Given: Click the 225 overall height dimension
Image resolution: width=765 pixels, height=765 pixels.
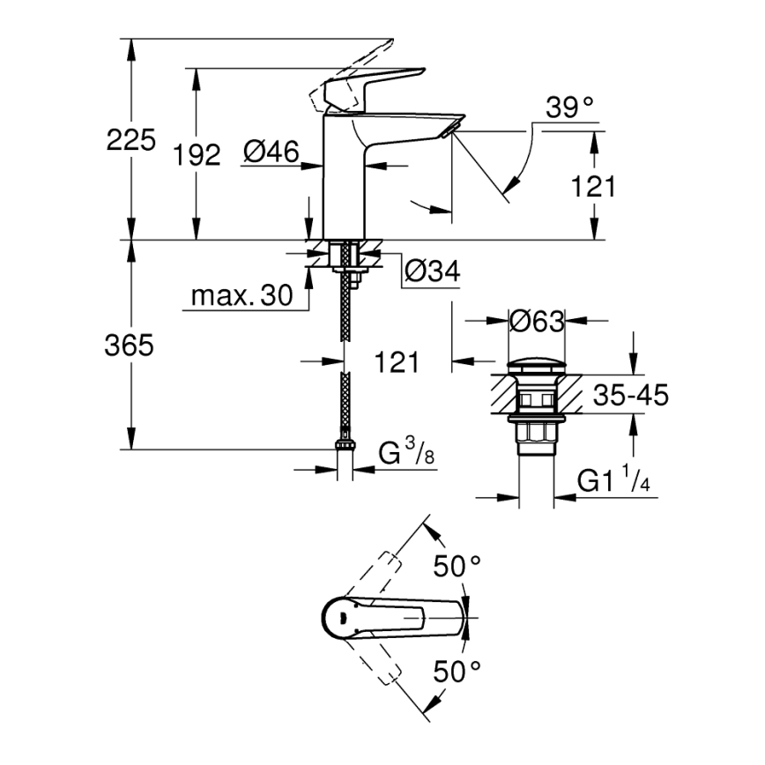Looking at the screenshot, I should [130, 139].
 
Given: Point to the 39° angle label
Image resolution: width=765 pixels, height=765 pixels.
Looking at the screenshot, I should [569, 108].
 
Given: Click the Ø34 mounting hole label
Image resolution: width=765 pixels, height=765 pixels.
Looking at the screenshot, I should [432, 272].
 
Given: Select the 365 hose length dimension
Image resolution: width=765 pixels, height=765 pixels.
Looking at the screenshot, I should [130, 345].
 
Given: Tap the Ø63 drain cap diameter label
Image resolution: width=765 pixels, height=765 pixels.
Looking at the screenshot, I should [537, 322].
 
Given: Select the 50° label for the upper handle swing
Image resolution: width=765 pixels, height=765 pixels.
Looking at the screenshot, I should [457, 566].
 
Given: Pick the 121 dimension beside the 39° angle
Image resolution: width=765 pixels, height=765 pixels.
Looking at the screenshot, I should [593, 187].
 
